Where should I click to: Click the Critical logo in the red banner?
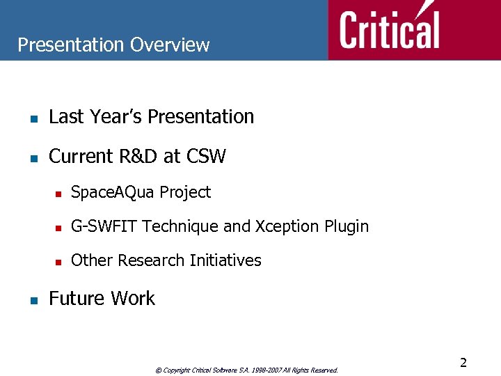(x=390, y=30)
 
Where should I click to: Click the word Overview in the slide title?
(x=170, y=45)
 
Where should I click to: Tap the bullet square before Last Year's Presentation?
(x=33, y=118)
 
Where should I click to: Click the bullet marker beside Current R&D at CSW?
(x=33, y=158)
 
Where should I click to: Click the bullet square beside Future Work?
(x=33, y=300)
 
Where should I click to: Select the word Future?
(x=75, y=299)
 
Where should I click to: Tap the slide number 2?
(x=463, y=362)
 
